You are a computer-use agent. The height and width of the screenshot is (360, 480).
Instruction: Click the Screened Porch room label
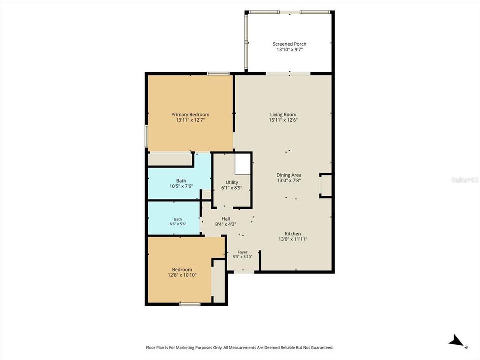289,44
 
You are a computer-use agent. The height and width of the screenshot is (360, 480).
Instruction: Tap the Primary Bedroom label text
190,115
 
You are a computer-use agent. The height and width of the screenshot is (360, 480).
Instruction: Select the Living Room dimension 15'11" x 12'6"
283,120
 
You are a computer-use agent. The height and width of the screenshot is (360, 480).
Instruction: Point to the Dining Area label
289,175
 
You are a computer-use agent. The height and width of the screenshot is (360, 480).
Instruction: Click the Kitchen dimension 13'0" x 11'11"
293,239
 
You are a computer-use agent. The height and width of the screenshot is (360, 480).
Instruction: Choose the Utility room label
232,182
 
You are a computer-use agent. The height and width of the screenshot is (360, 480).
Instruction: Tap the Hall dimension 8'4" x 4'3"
226,224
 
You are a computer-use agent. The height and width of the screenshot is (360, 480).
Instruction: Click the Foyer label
243,252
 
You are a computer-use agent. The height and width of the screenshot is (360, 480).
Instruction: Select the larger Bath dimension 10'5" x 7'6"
181,186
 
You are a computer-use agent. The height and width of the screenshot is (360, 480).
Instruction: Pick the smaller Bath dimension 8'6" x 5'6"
178,224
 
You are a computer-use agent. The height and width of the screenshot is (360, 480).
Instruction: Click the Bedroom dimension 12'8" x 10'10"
182,275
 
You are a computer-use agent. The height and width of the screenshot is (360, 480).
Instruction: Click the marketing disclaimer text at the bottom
240,348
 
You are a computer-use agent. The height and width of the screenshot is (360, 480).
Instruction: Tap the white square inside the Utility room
243,164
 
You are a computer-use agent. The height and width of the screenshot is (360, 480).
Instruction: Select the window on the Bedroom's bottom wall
190,304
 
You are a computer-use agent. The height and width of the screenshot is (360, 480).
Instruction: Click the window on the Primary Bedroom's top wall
218,74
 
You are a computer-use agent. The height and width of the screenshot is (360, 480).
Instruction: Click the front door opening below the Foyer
244,272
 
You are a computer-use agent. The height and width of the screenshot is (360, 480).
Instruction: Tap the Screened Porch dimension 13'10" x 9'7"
289,49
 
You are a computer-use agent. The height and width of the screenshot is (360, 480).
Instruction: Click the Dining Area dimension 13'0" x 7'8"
289,181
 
